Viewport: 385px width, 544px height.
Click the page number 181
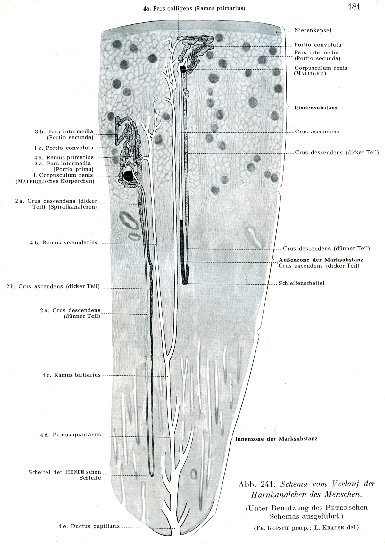(x=354, y=7)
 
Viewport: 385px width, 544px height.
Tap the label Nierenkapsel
(x=313, y=31)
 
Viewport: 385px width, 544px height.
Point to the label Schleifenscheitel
(x=302, y=283)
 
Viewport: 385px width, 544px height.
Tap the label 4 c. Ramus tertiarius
(x=71, y=375)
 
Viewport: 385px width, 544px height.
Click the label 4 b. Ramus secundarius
(x=64, y=243)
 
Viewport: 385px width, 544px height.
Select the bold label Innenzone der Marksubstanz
(x=276, y=439)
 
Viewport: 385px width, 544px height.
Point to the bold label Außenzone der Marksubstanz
(x=321, y=260)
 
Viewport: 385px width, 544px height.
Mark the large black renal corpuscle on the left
(x=129, y=175)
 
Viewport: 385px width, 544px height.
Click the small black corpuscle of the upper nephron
(x=183, y=69)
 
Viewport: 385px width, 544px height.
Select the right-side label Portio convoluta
(x=318, y=45)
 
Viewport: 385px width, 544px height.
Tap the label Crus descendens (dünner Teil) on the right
(x=326, y=248)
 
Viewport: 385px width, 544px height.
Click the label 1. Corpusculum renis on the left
(x=63, y=175)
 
